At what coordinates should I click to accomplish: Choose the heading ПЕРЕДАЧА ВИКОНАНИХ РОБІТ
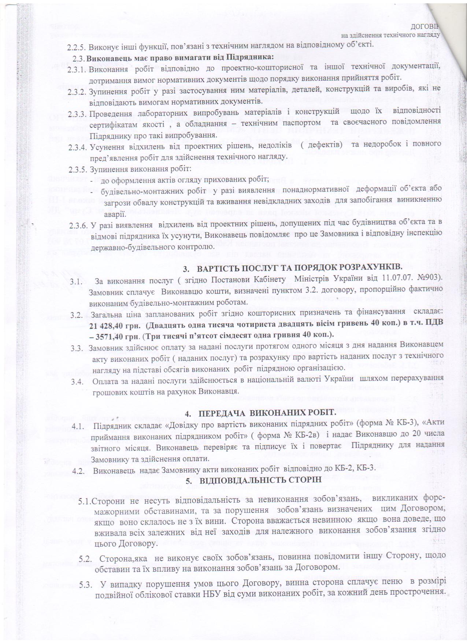(x=267, y=413)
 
